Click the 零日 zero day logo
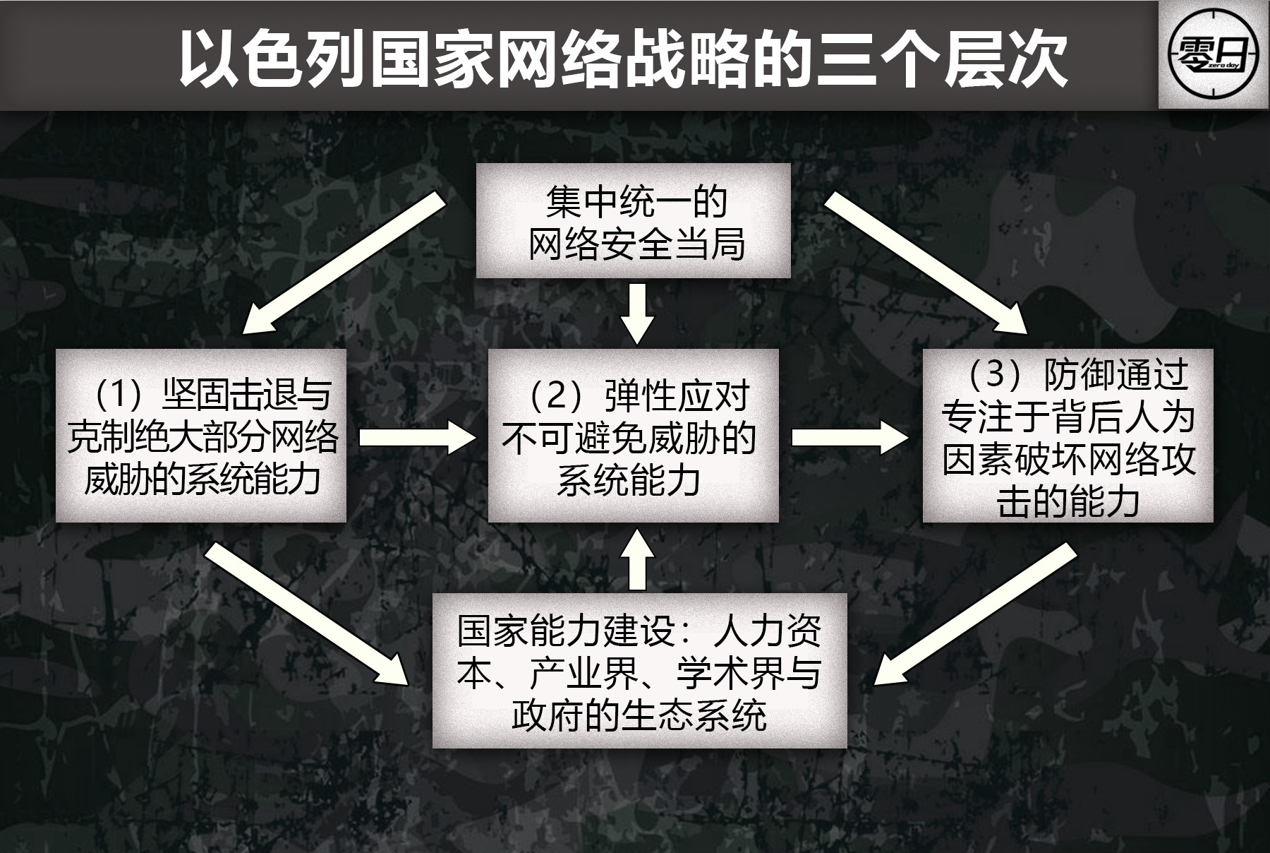(x=1214, y=55)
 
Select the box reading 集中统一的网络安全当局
(x=633, y=221)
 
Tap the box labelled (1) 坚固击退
(x=201, y=436)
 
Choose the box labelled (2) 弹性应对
(x=633, y=436)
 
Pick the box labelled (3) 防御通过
(x=1068, y=436)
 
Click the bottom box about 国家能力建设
(x=639, y=670)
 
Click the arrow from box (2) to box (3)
(x=850, y=437)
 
